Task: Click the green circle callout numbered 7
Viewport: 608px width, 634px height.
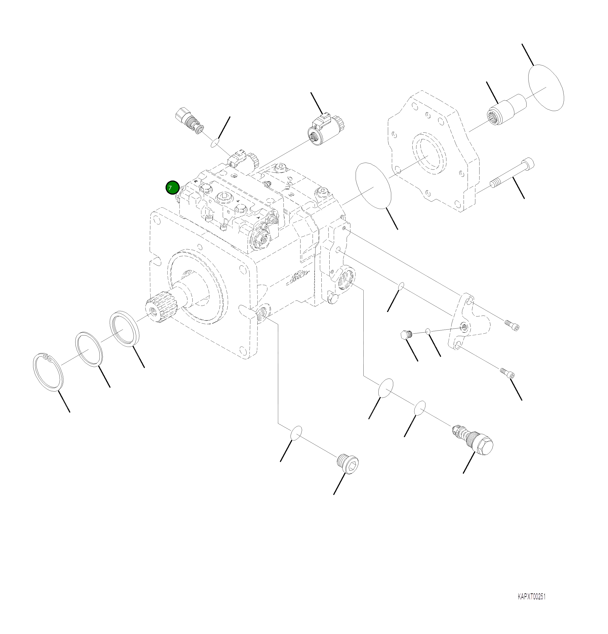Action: coord(172,188)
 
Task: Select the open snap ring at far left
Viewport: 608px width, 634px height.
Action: coord(49,372)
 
